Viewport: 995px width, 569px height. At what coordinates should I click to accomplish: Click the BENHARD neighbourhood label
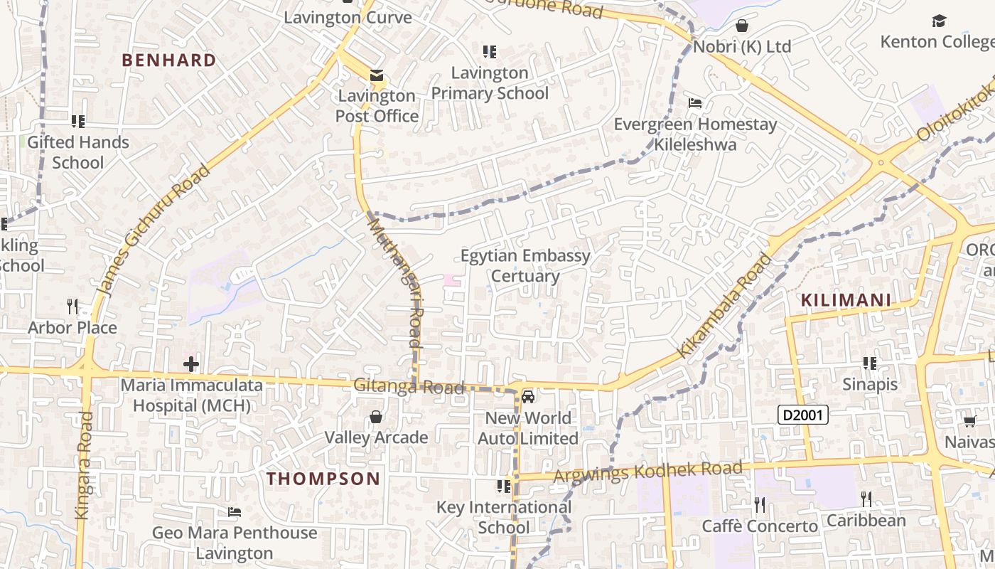click(x=168, y=60)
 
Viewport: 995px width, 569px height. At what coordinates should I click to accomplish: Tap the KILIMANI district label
click(x=846, y=300)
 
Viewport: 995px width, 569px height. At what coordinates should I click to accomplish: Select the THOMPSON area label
click(x=323, y=479)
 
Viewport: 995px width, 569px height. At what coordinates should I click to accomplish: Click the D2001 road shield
click(x=803, y=415)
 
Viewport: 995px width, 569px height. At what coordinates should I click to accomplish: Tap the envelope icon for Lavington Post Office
click(x=376, y=75)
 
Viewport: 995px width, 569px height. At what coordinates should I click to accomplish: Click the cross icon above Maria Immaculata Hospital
click(x=190, y=365)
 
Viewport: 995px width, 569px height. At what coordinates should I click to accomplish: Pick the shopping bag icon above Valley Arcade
click(x=376, y=417)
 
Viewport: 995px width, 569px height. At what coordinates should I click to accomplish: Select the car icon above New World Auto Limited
click(x=527, y=397)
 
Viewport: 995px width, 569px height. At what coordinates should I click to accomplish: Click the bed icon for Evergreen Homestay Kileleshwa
click(x=695, y=103)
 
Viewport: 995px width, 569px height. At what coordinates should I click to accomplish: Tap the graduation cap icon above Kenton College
click(x=939, y=21)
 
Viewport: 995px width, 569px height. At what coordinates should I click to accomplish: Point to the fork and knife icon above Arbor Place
click(x=72, y=307)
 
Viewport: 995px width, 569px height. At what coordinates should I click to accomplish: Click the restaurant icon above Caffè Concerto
click(x=760, y=505)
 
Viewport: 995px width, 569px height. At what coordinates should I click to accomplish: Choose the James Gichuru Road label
click(x=153, y=230)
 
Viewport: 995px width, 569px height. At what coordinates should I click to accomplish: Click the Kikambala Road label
click(x=724, y=306)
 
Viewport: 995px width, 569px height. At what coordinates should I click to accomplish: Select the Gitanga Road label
click(x=409, y=386)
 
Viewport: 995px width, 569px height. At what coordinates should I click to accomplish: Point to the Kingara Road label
click(x=83, y=465)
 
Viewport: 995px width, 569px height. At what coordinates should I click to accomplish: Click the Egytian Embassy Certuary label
click(x=525, y=266)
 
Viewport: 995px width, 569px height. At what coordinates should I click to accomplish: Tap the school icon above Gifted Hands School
click(x=78, y=122)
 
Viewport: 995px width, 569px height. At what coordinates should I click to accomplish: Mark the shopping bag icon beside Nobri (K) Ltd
click(x=742, y=26)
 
